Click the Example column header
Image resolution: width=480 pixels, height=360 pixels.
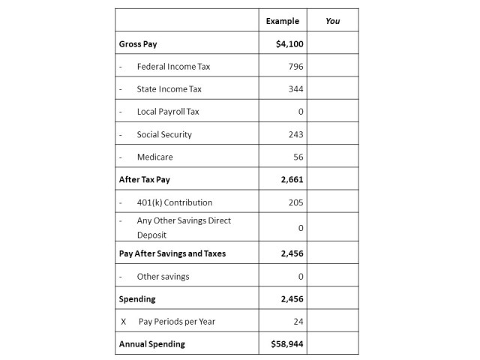tap(282, 21)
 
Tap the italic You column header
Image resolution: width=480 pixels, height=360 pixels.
tap(332, 21)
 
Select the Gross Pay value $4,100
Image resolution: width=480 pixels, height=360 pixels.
tap(289, 44)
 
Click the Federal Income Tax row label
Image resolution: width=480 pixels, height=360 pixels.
tap(173, 67)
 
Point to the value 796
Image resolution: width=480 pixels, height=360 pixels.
tap(295, 67)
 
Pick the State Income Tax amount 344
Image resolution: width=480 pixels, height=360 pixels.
tap(295, 89)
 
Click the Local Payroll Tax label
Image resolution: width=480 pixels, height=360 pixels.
tap(168, 112)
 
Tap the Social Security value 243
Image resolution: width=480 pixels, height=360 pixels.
tap(295, 135)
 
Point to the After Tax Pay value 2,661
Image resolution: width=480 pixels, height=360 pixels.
tap(292, 180)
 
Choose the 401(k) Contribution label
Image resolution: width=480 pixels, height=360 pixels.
tap(174, 202)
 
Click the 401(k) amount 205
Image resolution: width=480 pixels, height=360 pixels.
tap(295, 202)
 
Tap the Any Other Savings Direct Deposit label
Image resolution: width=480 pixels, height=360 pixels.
tap(183, 227)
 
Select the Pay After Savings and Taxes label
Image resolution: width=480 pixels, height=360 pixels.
tap(172, 253)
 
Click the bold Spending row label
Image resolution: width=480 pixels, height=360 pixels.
tap(137, 298)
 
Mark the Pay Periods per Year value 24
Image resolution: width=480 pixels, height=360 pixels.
tap(298, 321)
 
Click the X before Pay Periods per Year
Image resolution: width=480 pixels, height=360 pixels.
tap(123, 321)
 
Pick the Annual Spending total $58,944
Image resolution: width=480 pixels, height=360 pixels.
tap(287, 344)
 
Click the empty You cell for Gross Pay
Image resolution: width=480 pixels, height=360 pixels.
tap(332, 44)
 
